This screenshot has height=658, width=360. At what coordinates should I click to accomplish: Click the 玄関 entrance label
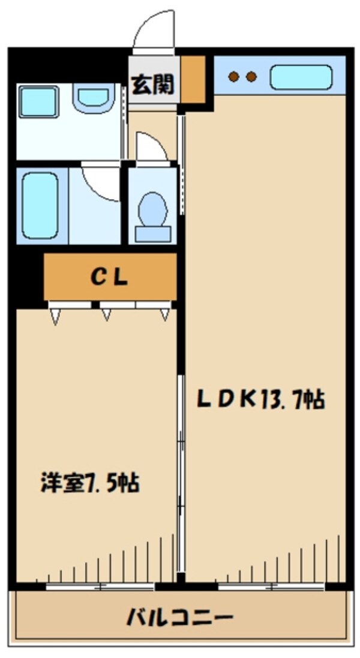pyautogui.click(x=153, y=85)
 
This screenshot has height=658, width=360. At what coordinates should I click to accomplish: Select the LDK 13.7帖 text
pyautogui.click(x=261, y=399)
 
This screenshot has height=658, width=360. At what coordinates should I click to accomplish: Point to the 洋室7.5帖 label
pyautogui.click(x=90, y=483)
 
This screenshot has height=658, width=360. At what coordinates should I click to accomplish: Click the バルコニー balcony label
pyautogui.click(x=179, y=618)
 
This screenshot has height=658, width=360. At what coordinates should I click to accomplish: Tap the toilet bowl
pyautogui.click(x=153, y=216)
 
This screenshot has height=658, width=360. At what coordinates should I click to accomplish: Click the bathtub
pyautogui.click(x=40, y=206)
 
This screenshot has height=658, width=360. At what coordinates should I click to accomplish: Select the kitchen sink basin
pyautogui.click(x=301, y=77)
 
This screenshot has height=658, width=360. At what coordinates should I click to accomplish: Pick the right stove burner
pyautogui.click(x=251, y=77)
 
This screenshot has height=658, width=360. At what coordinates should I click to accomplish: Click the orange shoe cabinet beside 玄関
pyautogui.click(x=193, y=79)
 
